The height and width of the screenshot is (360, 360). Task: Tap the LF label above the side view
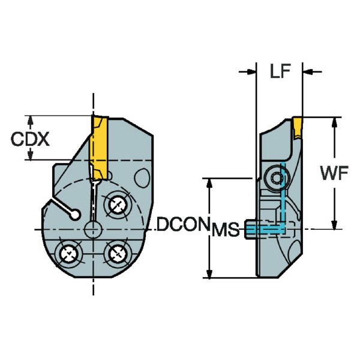[x=280, y=73]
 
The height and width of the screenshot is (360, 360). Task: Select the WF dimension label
[x=334, y=173]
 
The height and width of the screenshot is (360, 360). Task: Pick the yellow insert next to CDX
[x=97, y=146]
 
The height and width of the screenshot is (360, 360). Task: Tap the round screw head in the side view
[x=277, y=178]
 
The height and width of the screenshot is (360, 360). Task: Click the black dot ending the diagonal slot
[x=74, y=213]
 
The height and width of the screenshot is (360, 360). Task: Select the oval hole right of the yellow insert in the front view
[x=142, y=178]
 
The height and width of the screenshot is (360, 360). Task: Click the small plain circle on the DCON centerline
[x=94, y=229]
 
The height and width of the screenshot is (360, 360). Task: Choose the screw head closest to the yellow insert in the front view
[x=116, y=206]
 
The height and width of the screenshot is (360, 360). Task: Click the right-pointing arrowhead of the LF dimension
[x=247, y=73]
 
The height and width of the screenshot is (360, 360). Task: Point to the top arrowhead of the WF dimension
[x=334, y=122]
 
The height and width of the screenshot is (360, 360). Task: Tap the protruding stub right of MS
[x=252, y=229]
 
